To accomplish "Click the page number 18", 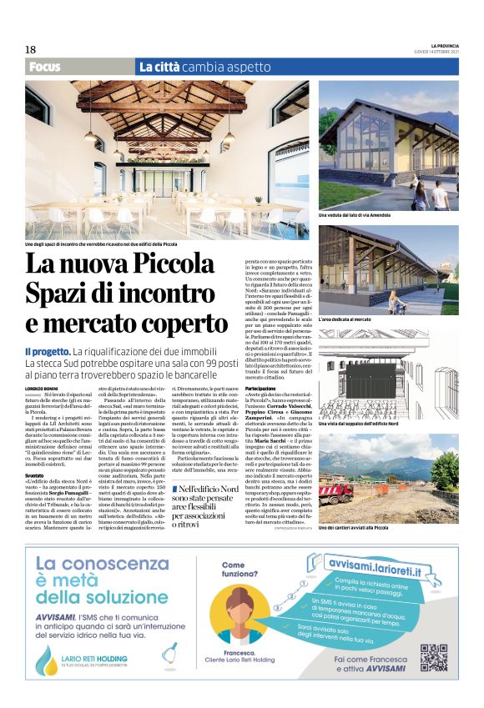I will (30, 50).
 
